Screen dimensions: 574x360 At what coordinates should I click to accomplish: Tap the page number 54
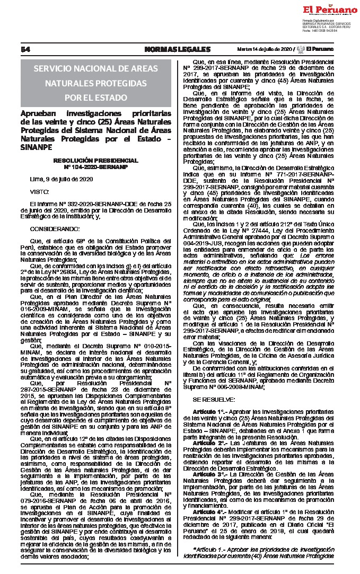[24, 49]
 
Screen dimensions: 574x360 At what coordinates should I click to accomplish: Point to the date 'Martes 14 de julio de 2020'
[264, 49]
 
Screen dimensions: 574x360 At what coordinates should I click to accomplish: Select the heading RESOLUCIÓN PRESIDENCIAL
[95, 160]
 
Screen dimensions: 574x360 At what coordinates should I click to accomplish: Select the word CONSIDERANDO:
[55, 228]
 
